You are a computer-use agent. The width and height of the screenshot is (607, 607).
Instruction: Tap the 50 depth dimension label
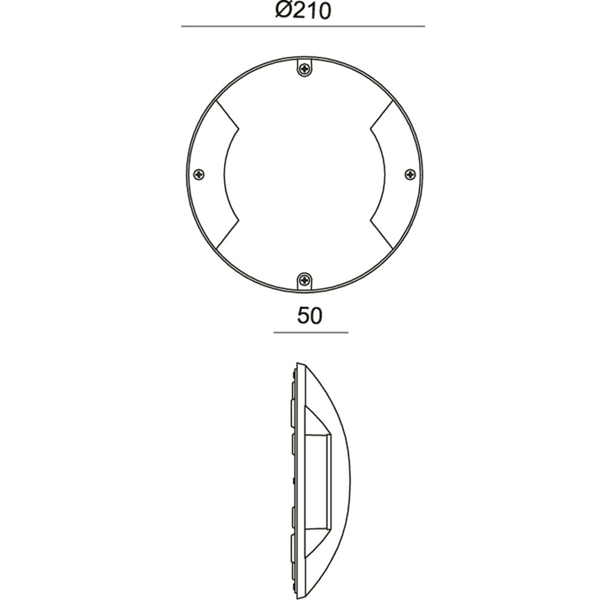tap(310, 316)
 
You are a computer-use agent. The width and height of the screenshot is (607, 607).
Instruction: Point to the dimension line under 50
tap(310, 333)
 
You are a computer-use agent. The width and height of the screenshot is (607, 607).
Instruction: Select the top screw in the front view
tap(304, 69)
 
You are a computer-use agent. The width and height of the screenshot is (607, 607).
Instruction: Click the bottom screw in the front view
tap(304, 280)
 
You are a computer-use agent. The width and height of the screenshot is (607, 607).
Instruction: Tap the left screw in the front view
tap(200, 175)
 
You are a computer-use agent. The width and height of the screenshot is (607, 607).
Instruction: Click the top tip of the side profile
tap(297, 364)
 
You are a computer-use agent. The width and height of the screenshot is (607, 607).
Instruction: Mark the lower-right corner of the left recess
tap(238, 221)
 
